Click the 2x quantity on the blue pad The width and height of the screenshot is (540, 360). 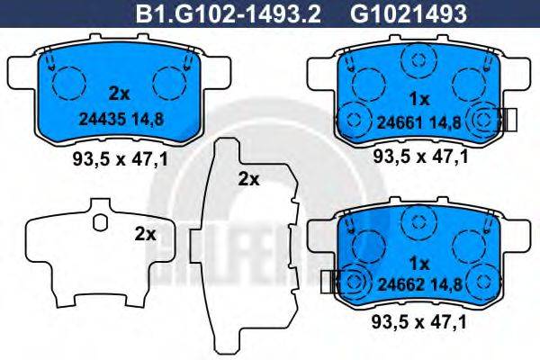click(120, 92)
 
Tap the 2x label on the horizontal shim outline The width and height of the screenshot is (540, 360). click(145, 233)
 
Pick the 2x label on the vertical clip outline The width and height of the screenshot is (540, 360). click(248, 178)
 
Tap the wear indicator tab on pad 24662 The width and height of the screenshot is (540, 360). click(327, 283)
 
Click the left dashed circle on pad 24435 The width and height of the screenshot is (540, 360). click(67, 85)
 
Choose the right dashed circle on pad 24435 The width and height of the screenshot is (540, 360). click(168, 85)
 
